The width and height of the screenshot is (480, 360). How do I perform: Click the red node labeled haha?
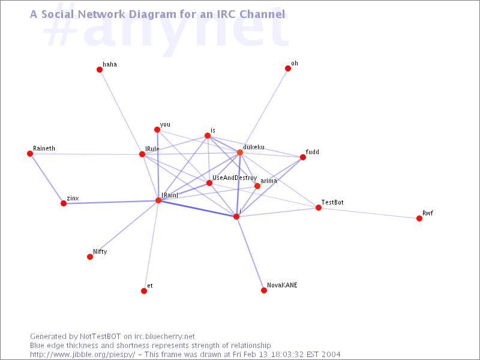(x=100, y=70)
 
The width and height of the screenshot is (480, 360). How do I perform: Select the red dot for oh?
(x=288, y=68)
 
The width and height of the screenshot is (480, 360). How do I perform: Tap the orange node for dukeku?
(x=240, y=152)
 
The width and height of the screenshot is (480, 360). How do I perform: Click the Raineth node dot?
(x=30, y=154)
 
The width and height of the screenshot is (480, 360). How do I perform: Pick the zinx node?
(x=64, y=203)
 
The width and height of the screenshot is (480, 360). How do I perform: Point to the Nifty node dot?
(x=90, y=257)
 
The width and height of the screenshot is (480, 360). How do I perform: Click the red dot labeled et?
(x=144, y=291)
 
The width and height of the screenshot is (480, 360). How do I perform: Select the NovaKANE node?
(x=264, y=290)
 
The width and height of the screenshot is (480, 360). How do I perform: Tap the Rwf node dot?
(x=419, y=218)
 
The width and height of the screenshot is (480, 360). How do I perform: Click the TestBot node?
(x=319, y=208)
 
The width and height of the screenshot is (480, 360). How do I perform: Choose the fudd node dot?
(x=303, y=157)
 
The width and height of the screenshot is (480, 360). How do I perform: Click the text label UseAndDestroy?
(x=235, y=178)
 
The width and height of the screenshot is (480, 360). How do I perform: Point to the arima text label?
(x=269, y=181)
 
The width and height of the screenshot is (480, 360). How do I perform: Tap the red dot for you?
(x=157, y=130)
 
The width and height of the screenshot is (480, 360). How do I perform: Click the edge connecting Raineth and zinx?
(x=47, y=178)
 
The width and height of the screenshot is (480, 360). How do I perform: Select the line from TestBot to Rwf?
(x=369, y=213)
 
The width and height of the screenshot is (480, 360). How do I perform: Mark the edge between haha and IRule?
(x=121, y=112)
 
